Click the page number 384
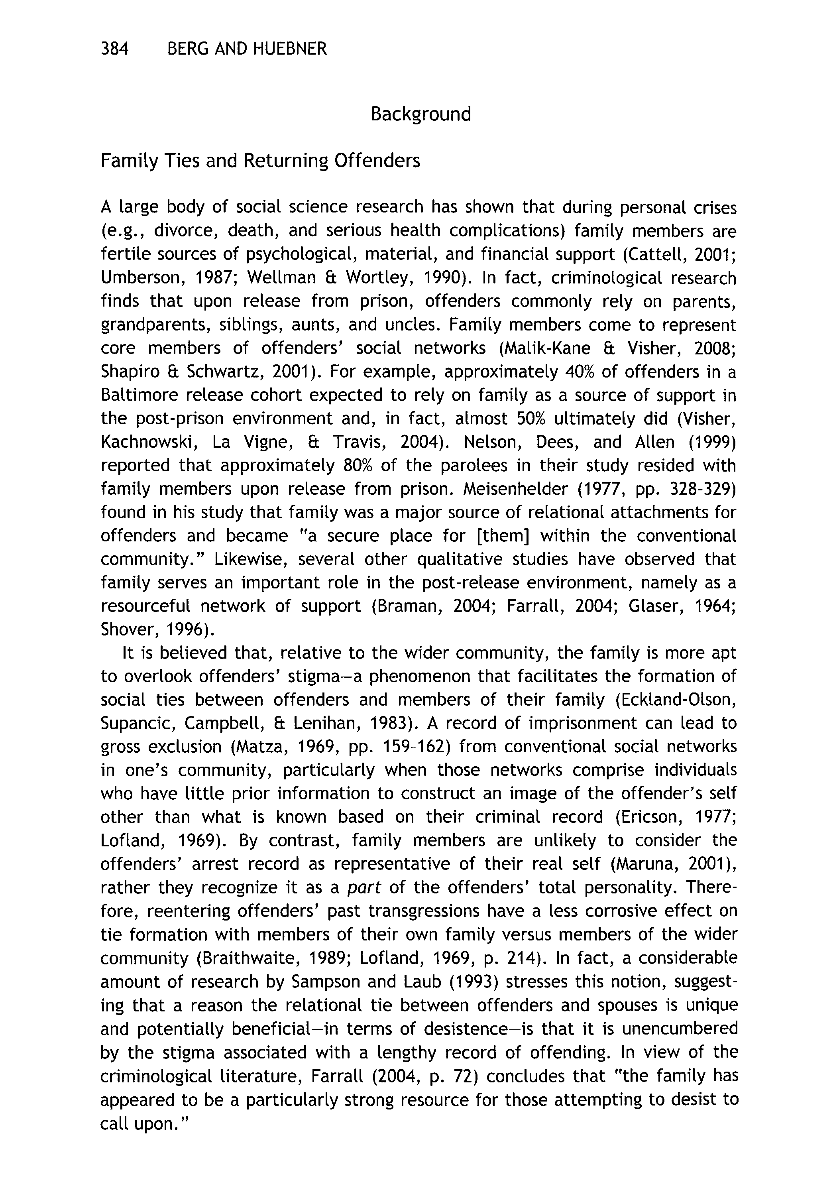[114, 49]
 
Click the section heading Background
[420, 114]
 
